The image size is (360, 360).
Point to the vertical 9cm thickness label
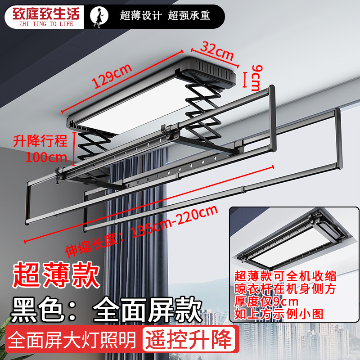click(255, 77)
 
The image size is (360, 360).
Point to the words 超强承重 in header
click(189, 16)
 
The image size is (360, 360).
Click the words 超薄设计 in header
click(141, 16)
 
